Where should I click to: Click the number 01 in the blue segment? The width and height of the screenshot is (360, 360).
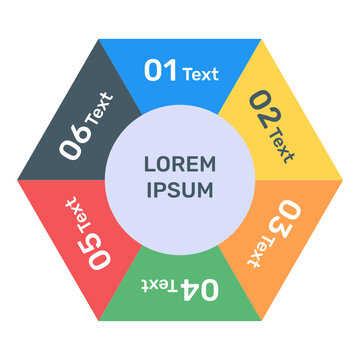[x=161, y=70]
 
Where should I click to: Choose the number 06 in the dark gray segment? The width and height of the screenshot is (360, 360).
[x=74, y=142]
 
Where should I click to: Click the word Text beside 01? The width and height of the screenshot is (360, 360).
[x=200, y=73]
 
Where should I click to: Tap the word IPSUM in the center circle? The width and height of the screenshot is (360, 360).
[x=180, y=190]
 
